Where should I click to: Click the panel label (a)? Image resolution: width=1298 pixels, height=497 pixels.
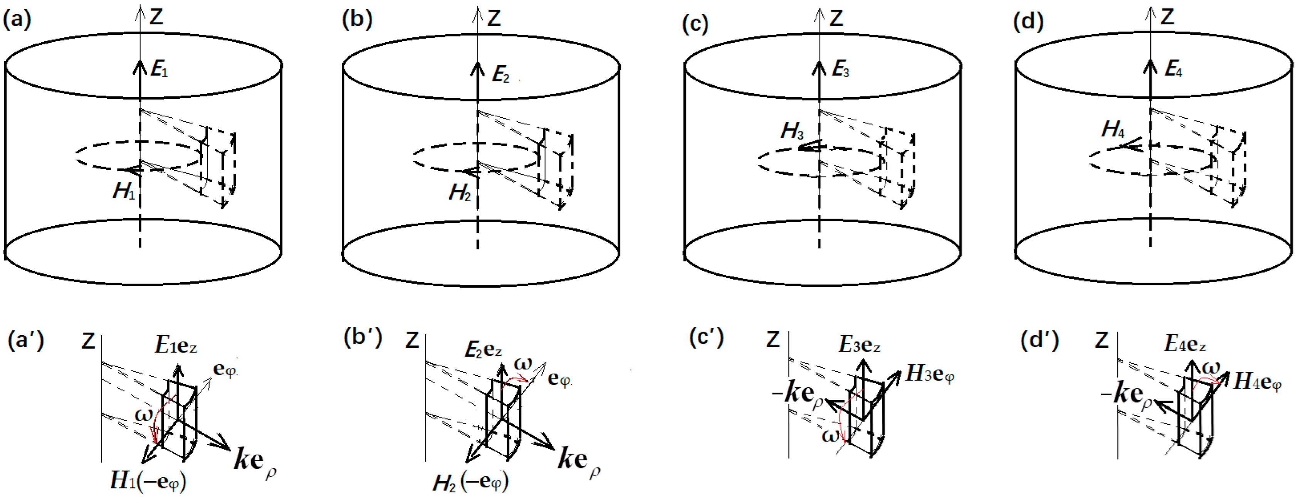point(17,20)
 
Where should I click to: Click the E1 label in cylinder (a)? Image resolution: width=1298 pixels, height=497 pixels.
point(159,69)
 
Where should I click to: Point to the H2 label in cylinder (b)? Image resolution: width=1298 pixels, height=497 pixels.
point(460,192)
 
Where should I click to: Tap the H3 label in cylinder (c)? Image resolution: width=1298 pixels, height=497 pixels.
point(792,131)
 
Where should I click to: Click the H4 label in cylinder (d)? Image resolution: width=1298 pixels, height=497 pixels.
point(1113,130)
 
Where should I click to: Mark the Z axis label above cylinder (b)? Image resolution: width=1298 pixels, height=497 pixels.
point(494,19)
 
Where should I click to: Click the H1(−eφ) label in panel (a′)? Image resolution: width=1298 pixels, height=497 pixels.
point(148,481)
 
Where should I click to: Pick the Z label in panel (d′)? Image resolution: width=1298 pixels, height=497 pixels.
point(1102,341)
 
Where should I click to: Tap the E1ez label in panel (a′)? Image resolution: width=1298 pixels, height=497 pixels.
point(175,346)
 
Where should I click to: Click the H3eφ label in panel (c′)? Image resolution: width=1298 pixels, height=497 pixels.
point(930,374)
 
